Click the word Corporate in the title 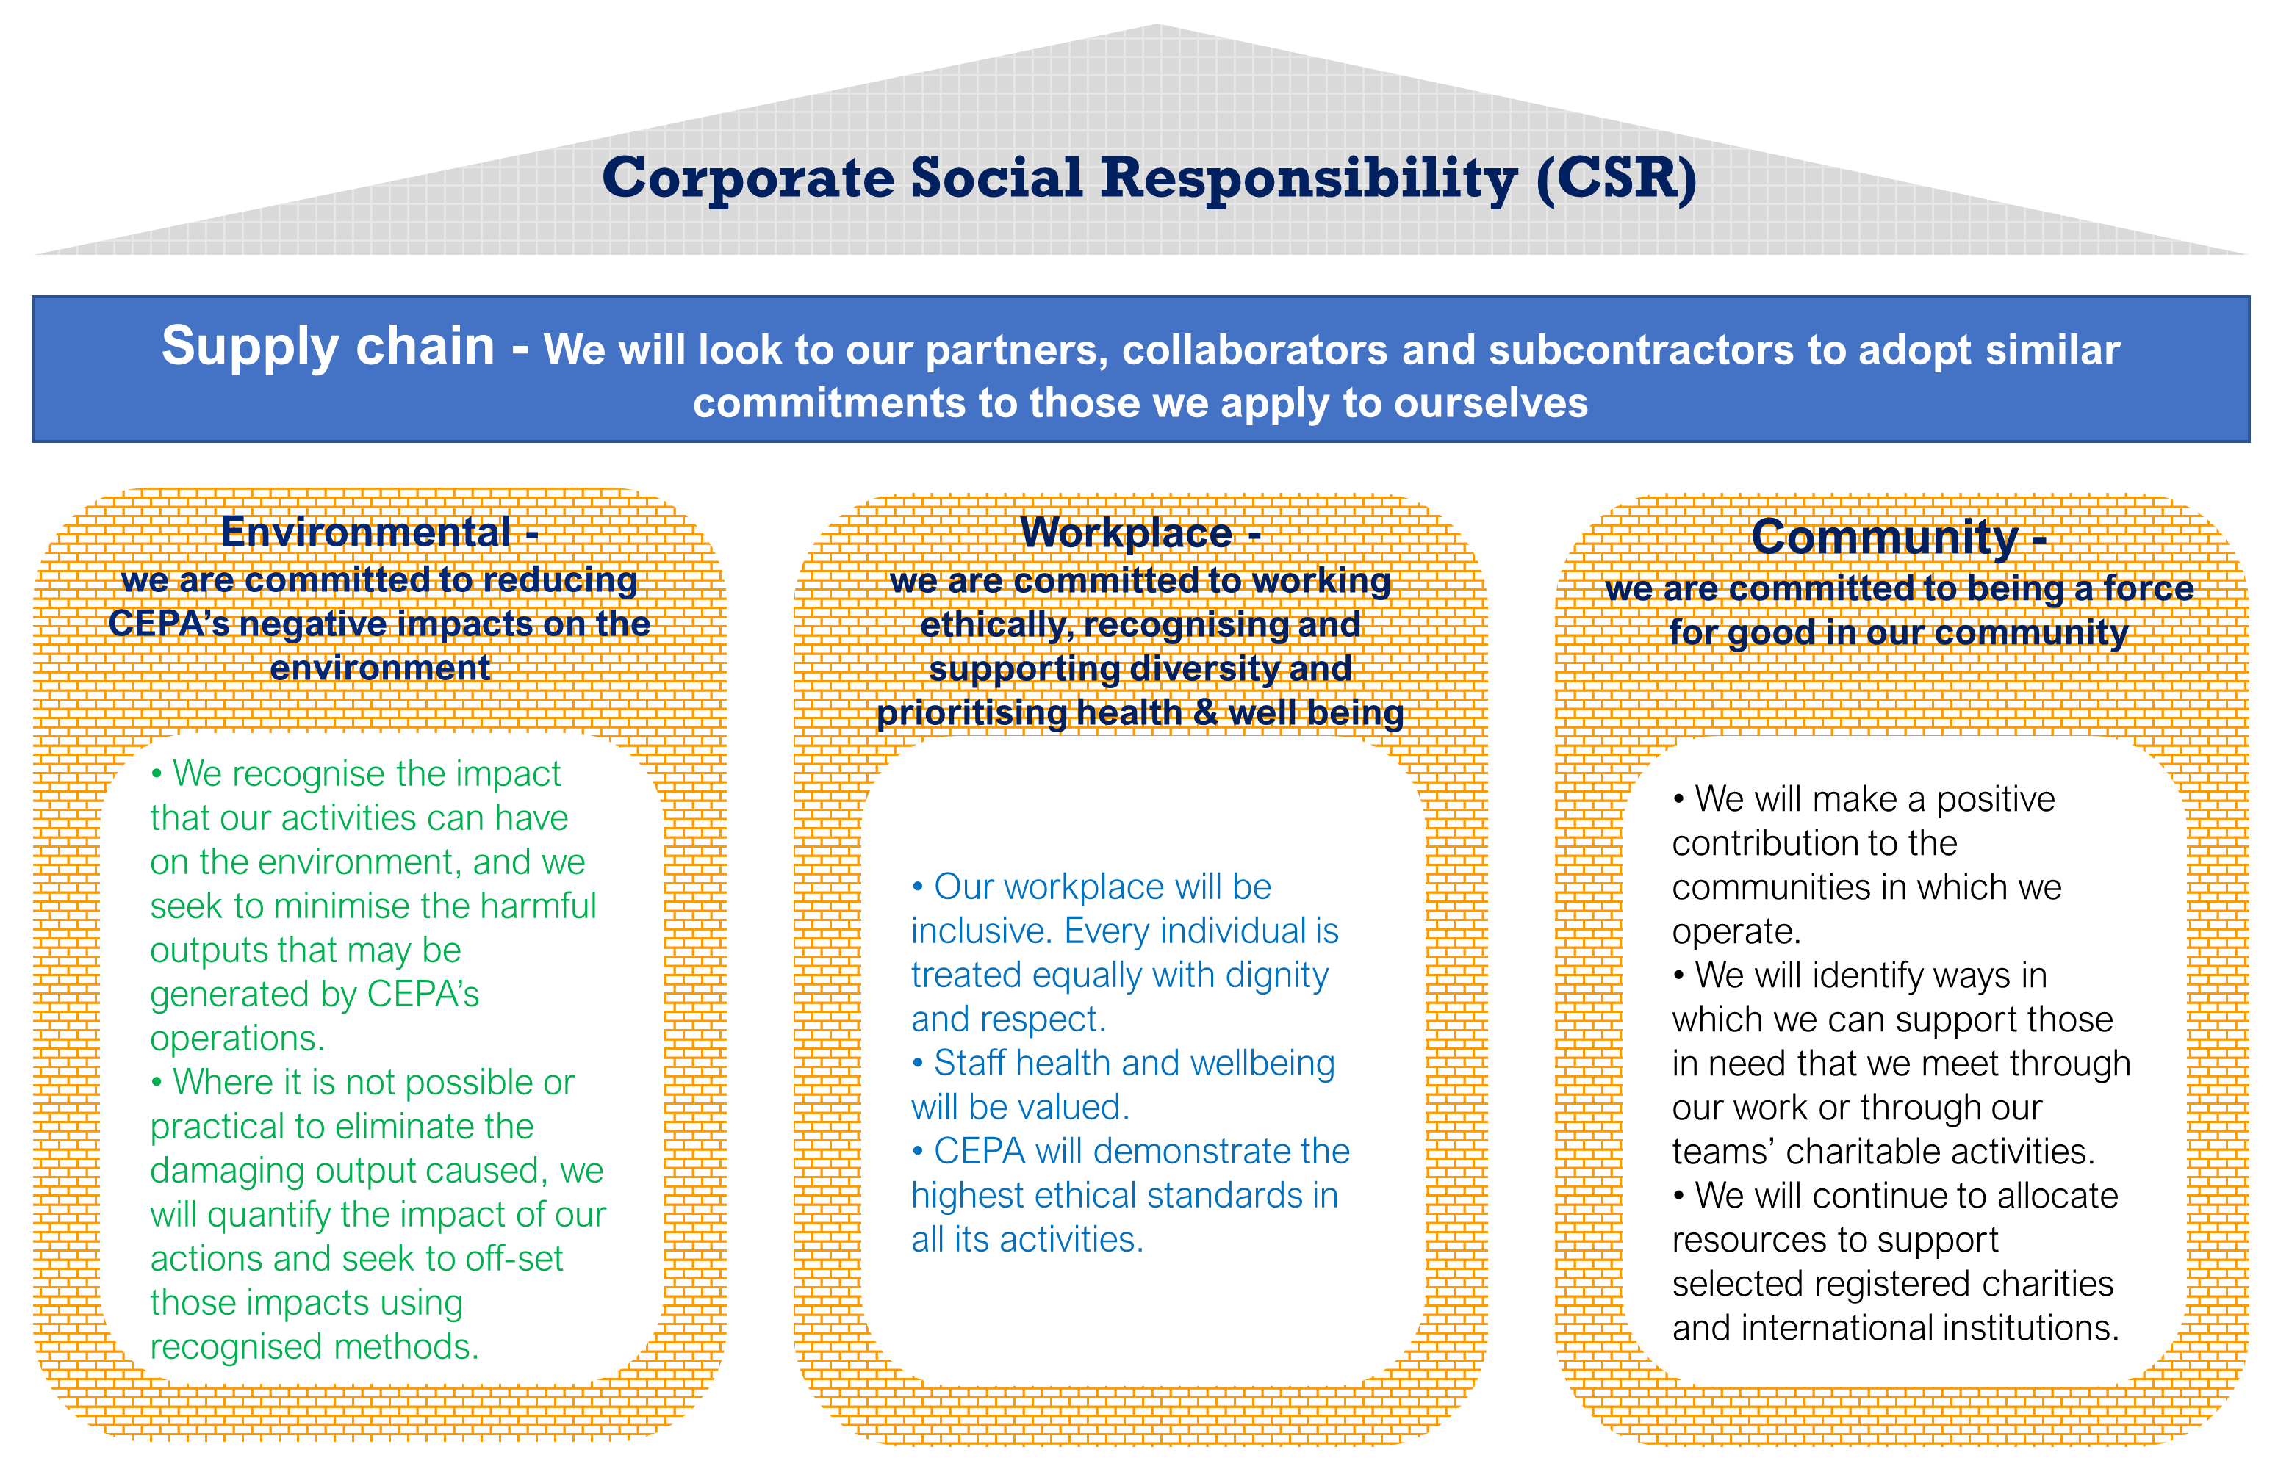[x=748, y=178]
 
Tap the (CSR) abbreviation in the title [x=1617, y=178]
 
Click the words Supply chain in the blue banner [x=327, y=346]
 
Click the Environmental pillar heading [x=367, y=533]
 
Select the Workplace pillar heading [x=1126, y=533]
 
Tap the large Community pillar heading [x=1885, y=537]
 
